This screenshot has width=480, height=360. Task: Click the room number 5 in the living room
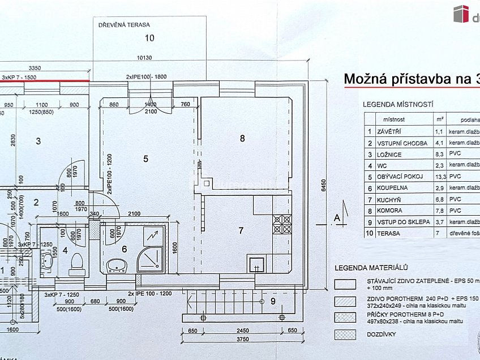(x=145, y=159)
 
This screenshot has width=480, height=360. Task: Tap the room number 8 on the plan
(x=242, y=138)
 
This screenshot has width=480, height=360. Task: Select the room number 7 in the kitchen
(x=241, y=230)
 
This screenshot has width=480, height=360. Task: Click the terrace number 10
(x=149, y=38)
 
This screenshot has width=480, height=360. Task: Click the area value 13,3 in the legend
(x=439, y=177)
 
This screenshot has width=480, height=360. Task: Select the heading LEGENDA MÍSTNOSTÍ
(x=398, y=105)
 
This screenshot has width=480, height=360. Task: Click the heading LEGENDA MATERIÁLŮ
(x=371, y=268)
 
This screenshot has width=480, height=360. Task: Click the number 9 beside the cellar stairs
(x=273, y=301)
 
